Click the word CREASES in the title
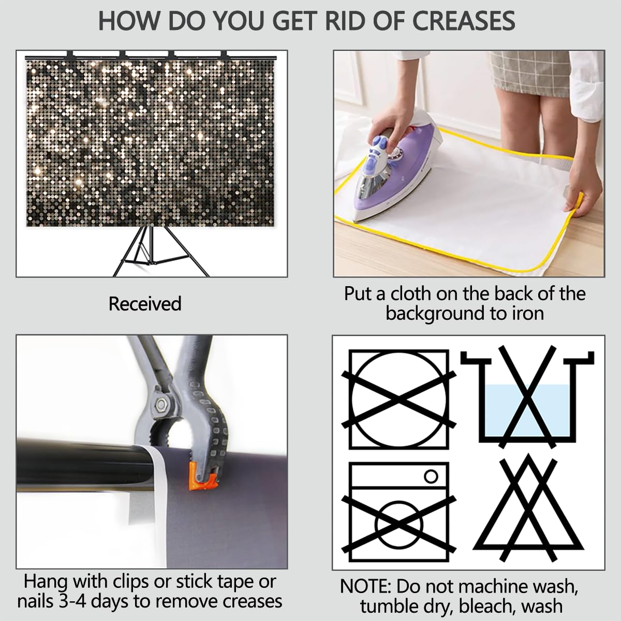coord(464,21)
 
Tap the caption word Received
coord(145,304)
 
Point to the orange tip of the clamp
coord(203,481)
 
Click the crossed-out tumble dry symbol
coord(399,400)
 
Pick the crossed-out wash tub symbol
coord(527,397)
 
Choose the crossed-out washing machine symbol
coord(399,512)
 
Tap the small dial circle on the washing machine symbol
coord(431,476)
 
